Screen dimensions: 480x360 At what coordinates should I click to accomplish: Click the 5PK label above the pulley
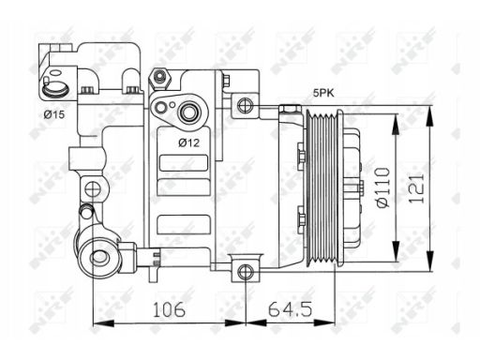pos(323,93)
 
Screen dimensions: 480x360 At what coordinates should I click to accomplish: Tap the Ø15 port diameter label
pos(54,114)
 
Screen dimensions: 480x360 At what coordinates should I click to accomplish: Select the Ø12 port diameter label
pos(188,142)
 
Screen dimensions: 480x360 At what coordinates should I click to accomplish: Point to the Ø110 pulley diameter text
pos(383,187)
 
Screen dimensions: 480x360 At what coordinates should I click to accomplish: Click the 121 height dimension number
pos(417,188)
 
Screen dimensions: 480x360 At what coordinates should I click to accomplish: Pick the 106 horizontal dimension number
pos(169,309)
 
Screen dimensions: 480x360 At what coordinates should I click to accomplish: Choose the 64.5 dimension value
pos(290,309)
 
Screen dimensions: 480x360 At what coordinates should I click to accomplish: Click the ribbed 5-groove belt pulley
pos(323,188)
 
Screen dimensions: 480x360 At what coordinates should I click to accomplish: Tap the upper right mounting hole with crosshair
pos(245,105)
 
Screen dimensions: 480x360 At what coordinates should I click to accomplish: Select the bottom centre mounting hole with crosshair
pos(246,272)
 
